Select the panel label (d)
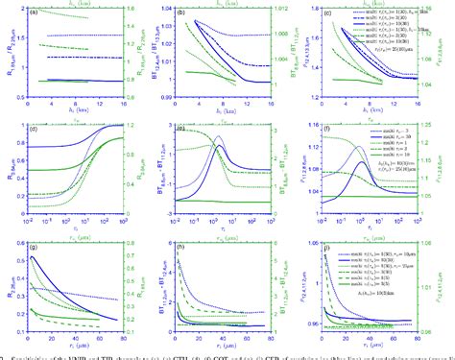[34, 129]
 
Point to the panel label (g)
[34, 244]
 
